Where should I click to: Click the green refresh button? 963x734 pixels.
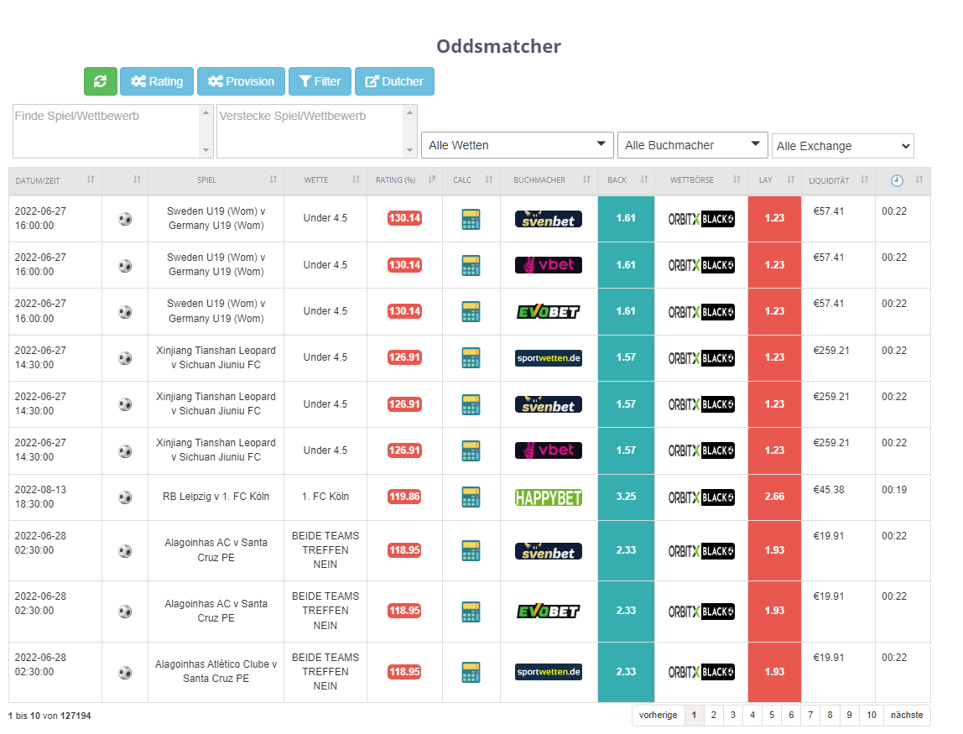pyautogui.click(x=100, y=81)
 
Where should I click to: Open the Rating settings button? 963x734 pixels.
pyautogui.click(x=157, y=81)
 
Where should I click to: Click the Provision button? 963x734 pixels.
pyautogui.click(x=241, y=81)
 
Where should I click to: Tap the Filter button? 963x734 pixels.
pyautogui.click(x=320, y=81)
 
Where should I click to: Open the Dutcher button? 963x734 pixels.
pyautogui.click(x=394, y=81)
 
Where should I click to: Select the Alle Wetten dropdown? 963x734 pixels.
pyautogui.click(x=517, y=145)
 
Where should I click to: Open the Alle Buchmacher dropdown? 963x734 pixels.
pyautogui.click(x=692, y=145)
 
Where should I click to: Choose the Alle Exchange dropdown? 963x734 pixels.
pyautogui.click(x=842, y=146)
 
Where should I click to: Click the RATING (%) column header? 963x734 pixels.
pyautogui.click(x=396, y=180)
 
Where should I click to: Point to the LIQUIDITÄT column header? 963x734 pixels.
pyautogui.click(x=829, y=180)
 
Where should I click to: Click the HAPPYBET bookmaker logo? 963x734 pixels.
pyautogui.click(x=549, y=497)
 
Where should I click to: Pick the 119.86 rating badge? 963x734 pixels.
pyautogui.click(x=404, y=497)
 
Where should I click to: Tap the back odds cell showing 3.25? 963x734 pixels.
pyautogui.click(x=626, y=497)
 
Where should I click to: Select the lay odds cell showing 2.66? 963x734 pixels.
pyautogui.click(x=774, y=497)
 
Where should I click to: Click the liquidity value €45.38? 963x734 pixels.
pyautogui.click(x=829, y=490)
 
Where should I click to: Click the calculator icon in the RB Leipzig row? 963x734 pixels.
pyautogui.click(x=471, y=497)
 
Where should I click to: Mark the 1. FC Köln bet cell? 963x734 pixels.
pyautogui.click(x=325, y=497)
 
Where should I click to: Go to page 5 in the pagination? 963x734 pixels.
pyautogui.click(x=772, y=715)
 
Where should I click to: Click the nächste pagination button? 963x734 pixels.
pyautogui.click(x=907, y=715)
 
